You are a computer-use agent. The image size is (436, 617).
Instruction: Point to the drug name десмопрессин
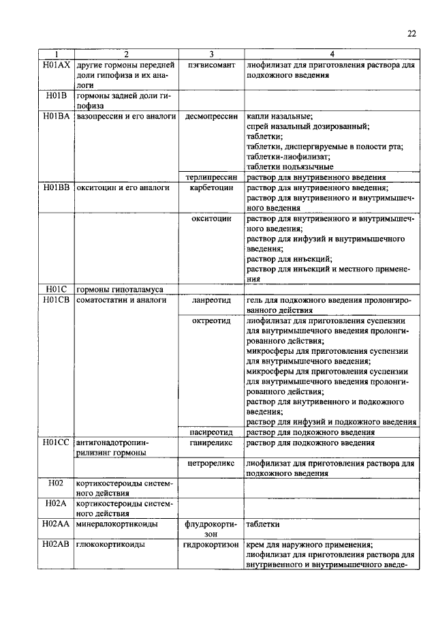tap(211, 117)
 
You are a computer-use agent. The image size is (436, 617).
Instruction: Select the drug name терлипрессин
tap(211, 177)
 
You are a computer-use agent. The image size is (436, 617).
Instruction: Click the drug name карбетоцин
tap(211, 187)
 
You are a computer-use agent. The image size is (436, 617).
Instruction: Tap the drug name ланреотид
tap(211, 299)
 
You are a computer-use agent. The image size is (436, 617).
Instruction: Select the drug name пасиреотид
tap(211, 432)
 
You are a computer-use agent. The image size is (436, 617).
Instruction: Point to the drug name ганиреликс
tap(211, 442)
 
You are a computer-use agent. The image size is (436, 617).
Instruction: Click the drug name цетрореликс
tap(211, 463)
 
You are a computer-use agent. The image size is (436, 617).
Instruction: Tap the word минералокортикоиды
tap(117, 524)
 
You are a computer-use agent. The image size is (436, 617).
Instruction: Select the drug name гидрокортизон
tap(211, 545)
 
